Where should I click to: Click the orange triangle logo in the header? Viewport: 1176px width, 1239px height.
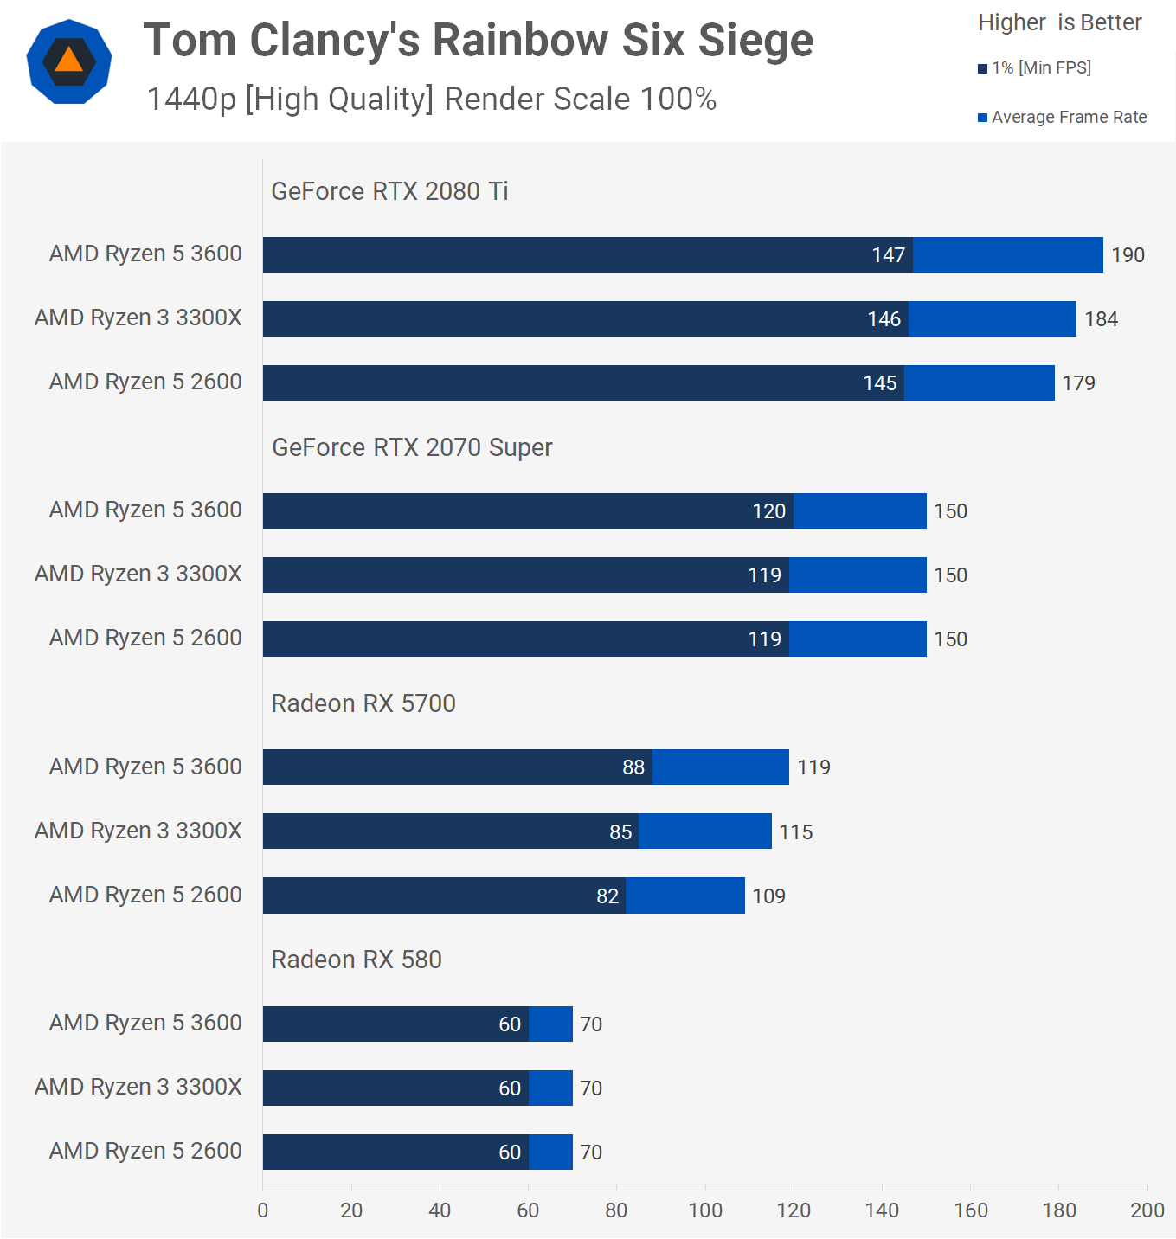click(69, 61)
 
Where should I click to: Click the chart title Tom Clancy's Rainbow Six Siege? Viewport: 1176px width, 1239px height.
click(478, 41)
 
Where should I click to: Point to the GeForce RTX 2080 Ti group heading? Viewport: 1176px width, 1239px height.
click(389, 191)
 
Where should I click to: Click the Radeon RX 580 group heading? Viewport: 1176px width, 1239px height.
click(357, 960)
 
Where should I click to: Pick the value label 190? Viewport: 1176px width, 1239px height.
click(1128, 255)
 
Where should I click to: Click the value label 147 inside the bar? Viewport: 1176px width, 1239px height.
click(888, 255)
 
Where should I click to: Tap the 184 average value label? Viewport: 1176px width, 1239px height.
click(1101, 319)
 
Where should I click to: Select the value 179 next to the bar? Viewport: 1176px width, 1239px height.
click(1078, 383)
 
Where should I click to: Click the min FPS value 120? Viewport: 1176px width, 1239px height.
click(768, 511)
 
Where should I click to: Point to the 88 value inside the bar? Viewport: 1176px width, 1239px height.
click(633, 767)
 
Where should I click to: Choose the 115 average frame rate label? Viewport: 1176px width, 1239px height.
click(795, 832)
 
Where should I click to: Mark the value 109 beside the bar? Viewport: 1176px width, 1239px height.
click(768, 896)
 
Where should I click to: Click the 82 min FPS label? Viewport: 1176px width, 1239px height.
click(607, 896)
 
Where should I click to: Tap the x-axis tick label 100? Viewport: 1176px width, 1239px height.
click(705, 1210)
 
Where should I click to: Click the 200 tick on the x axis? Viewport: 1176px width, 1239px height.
click(1147, 1210)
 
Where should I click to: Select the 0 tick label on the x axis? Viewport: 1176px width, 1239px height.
click(263, 1210)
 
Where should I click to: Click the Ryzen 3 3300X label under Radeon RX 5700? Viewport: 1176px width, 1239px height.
click(138, 831)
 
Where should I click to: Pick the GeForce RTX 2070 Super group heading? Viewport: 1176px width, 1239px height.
click(412, 447)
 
